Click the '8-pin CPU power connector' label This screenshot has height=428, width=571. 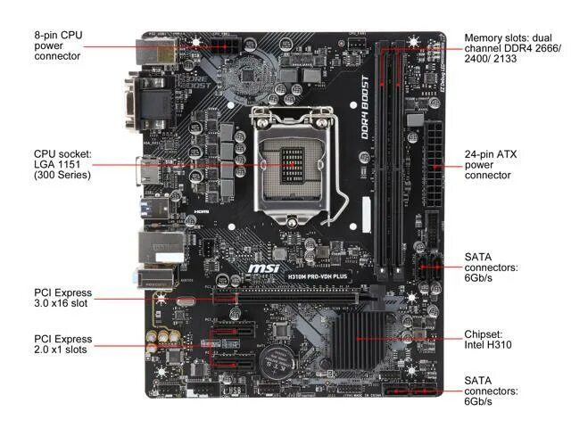pos(58,45)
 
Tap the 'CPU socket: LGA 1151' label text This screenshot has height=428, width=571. pos(62,163)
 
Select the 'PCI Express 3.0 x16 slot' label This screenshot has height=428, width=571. pos(62,299)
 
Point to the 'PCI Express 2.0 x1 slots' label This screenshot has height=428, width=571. pos(62,345)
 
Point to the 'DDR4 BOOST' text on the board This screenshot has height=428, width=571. pos(363,116)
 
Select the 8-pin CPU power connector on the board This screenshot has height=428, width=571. pos(215,45)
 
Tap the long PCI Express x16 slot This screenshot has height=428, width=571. pos(294,291)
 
